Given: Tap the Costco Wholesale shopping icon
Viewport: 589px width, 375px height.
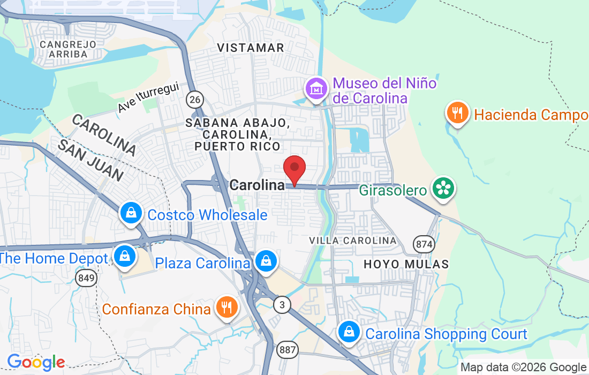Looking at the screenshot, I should pos(131,213).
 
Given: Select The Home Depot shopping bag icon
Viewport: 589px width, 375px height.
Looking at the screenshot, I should pos(125,256).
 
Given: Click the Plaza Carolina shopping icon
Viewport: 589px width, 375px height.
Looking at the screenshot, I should pos(266,261).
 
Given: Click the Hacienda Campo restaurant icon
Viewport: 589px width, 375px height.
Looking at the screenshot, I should pos(457,113).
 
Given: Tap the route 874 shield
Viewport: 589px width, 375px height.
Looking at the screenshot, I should pos(423,244).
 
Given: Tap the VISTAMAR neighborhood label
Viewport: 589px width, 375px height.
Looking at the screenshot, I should pos(251,48).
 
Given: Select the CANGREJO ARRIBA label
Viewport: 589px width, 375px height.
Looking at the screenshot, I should pos(67,49).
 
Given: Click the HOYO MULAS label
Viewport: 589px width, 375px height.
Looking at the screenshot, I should pos(406,264).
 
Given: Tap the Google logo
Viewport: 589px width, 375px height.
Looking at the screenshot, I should pos(36,362).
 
